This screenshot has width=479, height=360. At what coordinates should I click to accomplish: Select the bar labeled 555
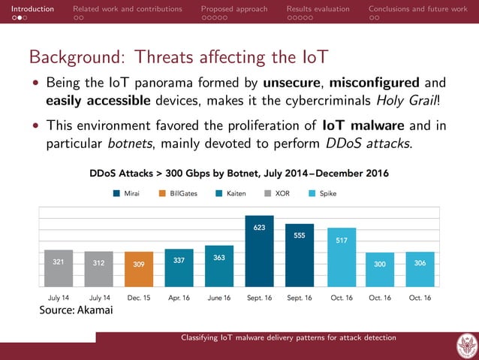click(x=300, y=255)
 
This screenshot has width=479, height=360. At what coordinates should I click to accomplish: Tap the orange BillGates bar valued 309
click(x=139, y=268)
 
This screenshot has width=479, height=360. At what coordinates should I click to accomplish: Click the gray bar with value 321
click(x=58, y=268)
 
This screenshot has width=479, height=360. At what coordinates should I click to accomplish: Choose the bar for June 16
click(x=219, y=265)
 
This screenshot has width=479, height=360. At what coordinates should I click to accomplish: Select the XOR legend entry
click(x=277, y=193)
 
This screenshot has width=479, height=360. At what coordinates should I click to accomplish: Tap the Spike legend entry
click(x=323, y=193)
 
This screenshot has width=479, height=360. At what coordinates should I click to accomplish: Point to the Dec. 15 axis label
click(x=139, y=298)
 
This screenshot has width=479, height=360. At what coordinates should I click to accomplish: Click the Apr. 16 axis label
click(x=179, y=298)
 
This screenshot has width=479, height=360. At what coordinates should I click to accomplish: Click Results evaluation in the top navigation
click(x=318, y=9)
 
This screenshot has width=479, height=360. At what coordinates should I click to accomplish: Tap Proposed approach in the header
click(x=233, y=9)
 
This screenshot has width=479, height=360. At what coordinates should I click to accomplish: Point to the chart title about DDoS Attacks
click(x=239, y=174)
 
